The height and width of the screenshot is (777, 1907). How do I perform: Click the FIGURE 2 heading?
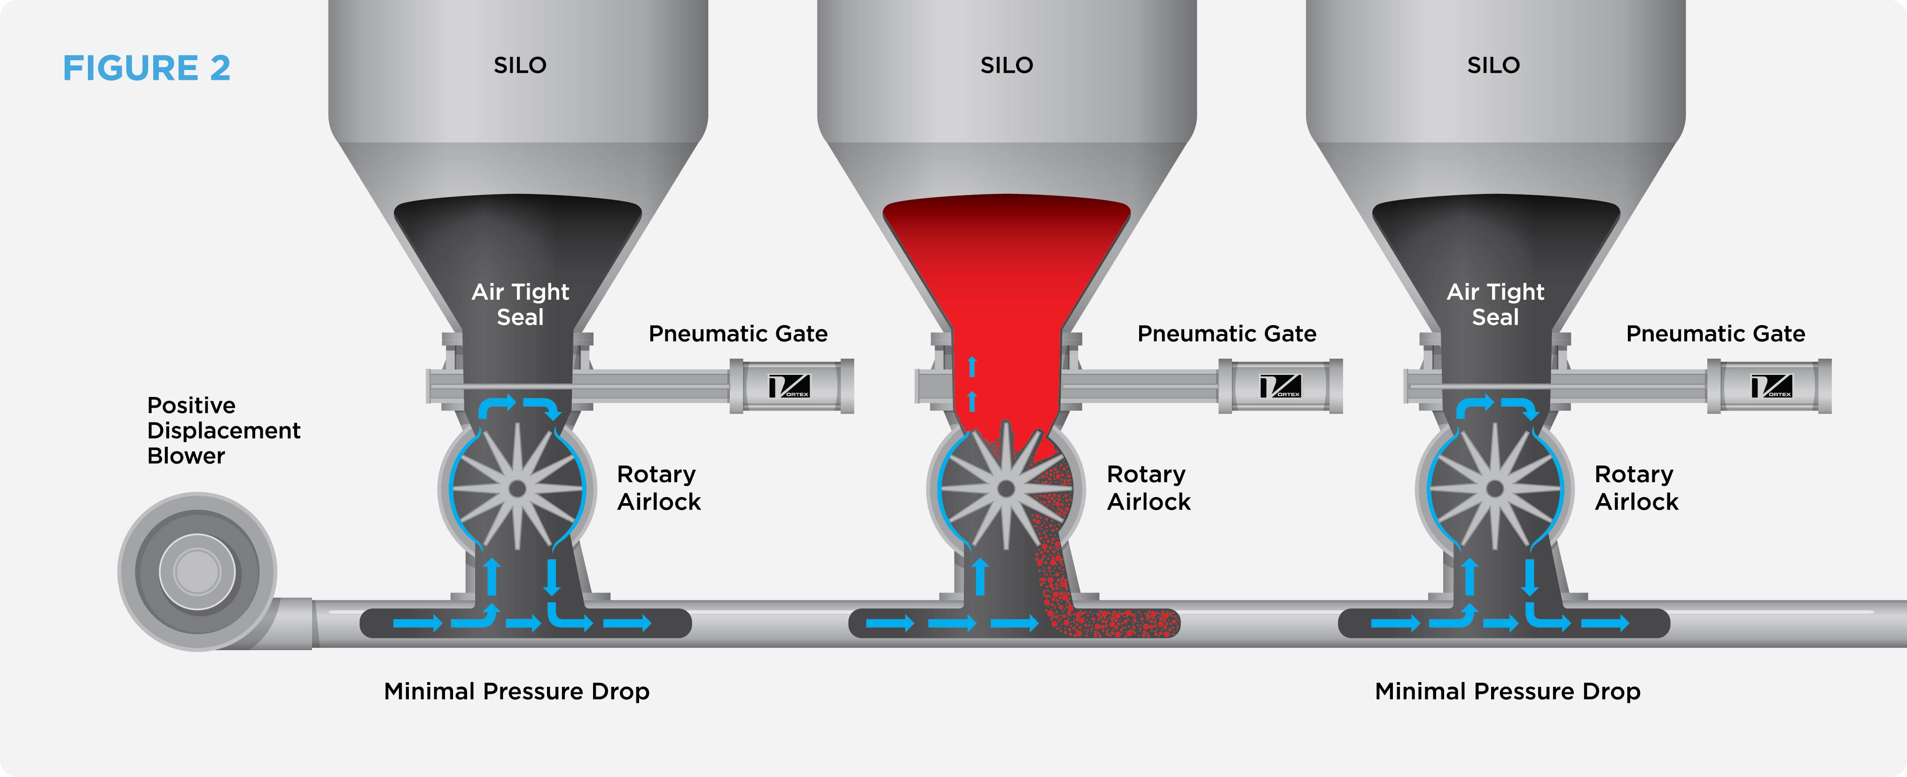pyautogui.click(x=147, y=68)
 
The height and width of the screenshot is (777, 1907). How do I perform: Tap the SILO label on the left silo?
pyautogui.click(x=520, y=65)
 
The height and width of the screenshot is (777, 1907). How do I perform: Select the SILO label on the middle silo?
pyautogui.click(x=1006, y=65)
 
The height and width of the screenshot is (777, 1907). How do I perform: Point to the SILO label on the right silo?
pyautogui.click(x=1493, y=65)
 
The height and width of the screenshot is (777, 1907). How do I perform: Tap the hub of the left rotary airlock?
pyautogui.click(x=517, y=489)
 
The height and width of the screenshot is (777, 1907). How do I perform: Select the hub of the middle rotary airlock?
pyautogui.click(x=1006, y=489)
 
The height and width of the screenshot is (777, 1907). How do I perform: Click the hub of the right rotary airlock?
pyautogui.click(x=1495, y=489)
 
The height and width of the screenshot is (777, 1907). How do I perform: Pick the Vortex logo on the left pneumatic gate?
pyautogui.click(x=789, y=386)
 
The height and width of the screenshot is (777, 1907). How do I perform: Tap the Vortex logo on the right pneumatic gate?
pyautogui.click(x=1771, y=386)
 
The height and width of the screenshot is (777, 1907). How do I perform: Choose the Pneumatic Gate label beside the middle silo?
pyautogui.click(x=1227, y=334)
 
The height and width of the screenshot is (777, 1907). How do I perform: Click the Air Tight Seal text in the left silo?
pyautogui.click(x=520, y=304)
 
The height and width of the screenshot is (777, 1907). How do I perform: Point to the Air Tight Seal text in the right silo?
pyautogui.click(x=1495, y=304)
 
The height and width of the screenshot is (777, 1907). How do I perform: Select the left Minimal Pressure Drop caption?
pyautogui.click(x=517, y=691)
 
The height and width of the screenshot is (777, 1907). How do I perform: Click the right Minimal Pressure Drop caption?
pyautogui.click(x=1507, y=691)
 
